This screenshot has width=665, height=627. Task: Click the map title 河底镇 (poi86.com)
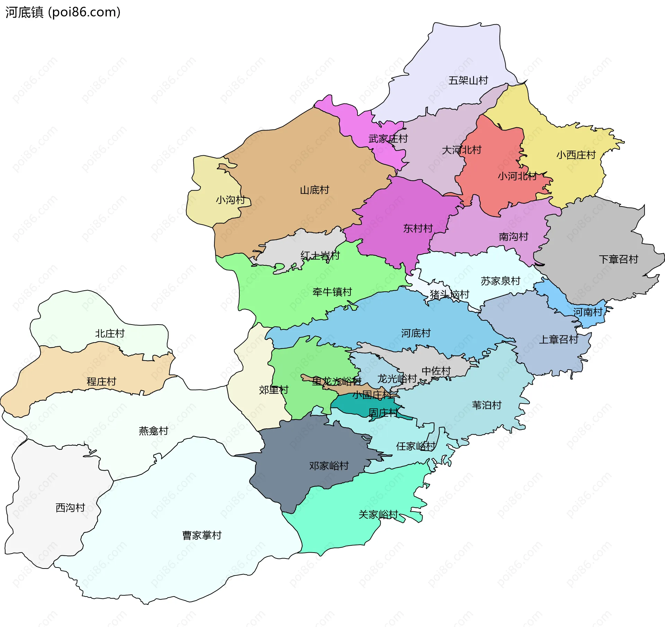63,12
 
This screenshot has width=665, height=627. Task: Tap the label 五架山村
468,80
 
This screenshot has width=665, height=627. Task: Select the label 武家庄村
388,139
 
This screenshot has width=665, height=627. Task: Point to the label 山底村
314,190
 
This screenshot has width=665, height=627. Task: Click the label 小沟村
230,200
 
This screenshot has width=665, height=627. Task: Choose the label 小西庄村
576,155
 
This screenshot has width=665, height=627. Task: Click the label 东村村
418,228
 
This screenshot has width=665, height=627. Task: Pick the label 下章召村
618,259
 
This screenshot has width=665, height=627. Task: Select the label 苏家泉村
500,281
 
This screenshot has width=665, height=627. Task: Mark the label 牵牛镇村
332,292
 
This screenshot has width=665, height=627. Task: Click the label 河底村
416,333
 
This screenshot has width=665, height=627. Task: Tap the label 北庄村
109,333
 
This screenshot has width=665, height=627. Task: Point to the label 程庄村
101,381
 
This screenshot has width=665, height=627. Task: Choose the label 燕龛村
153,430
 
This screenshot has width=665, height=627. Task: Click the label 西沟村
70,508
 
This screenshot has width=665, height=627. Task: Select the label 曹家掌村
202,535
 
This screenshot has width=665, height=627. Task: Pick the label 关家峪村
378,515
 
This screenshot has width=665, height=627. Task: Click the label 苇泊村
486,405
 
